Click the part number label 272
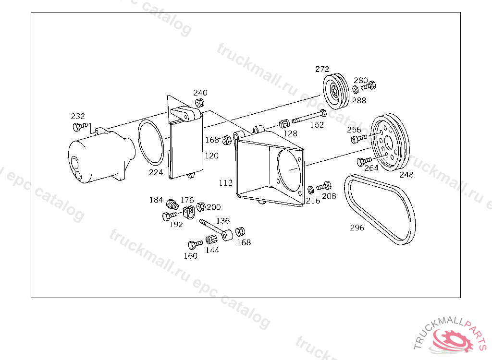(322, 69)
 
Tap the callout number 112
(226, 182)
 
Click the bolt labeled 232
(80, 126)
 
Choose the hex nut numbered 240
(199, 103)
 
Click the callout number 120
(211, 156)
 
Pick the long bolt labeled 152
(309, 117)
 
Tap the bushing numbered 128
(284, 123)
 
